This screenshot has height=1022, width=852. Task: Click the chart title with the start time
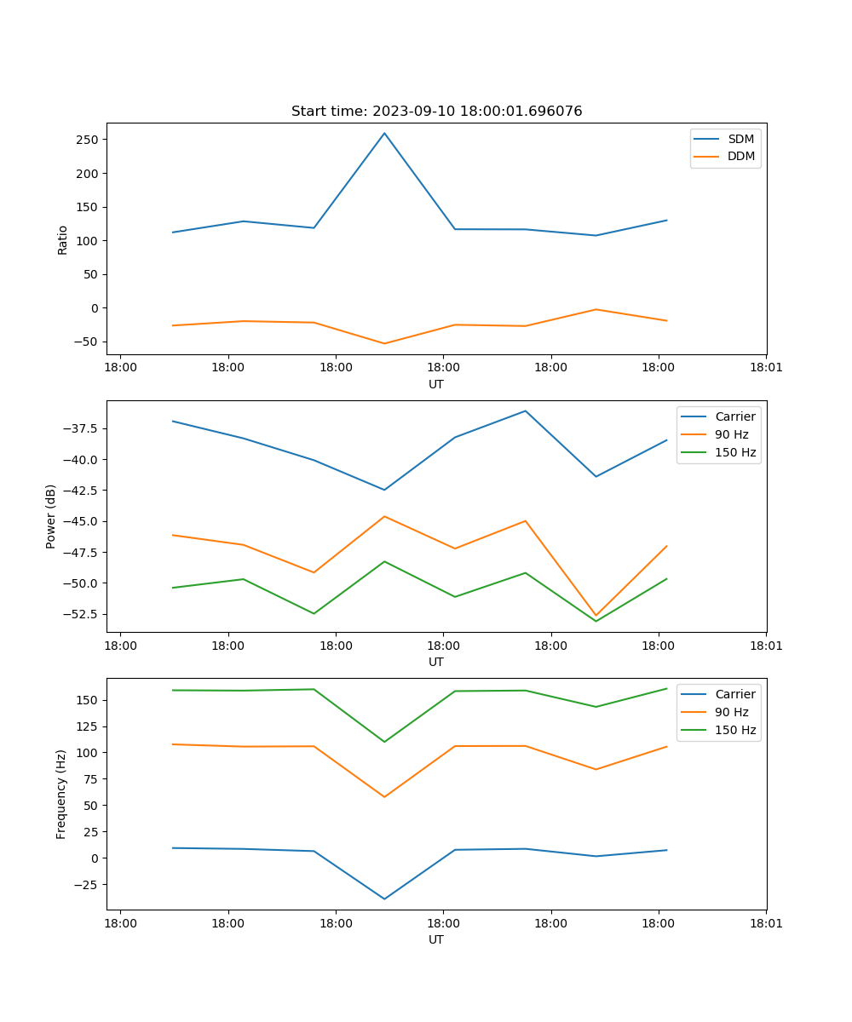(x=436, y=112)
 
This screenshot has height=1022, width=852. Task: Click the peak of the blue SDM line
(x=384, y=133)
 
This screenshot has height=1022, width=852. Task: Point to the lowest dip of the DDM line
(x=384, y=343)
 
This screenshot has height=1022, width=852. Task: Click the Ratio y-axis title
(x=62, y=239)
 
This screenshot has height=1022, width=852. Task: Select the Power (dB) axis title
(x=51, y=516)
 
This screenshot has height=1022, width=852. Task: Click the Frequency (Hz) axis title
(x=61, y=794)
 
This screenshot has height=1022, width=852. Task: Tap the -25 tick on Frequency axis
(x=88, y=884)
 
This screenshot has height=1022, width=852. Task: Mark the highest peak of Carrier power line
(x=526, y=411)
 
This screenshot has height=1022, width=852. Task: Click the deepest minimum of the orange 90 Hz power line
(x=596, y=615)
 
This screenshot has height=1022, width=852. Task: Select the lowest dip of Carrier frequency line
(x=384, y=899)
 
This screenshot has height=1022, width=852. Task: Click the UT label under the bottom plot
(x=436, y=939)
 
